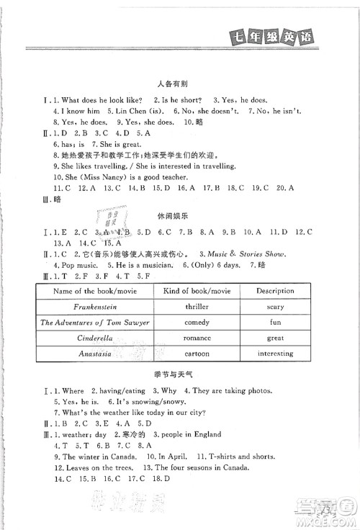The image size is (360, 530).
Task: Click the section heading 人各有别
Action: click(x=180, y=84)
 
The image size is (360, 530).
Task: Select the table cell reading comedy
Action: click(x=196, y=322)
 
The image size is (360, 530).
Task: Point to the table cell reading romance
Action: click(x=196, y=338)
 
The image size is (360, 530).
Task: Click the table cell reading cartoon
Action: click(x=196, y=354)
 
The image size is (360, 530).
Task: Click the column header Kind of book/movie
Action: click(x=196, y=291)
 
